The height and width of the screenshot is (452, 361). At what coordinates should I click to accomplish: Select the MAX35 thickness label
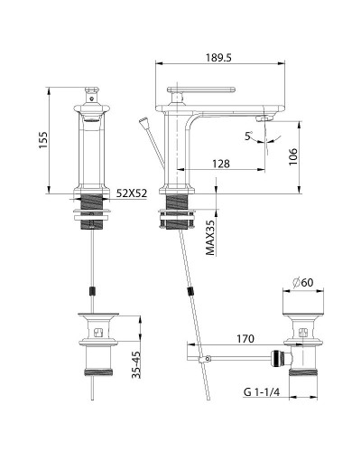pos(209,238)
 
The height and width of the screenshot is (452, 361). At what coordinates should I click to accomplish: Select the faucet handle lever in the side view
pos(201,89)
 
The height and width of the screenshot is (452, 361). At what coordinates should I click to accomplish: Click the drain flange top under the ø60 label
pos(304,318)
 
